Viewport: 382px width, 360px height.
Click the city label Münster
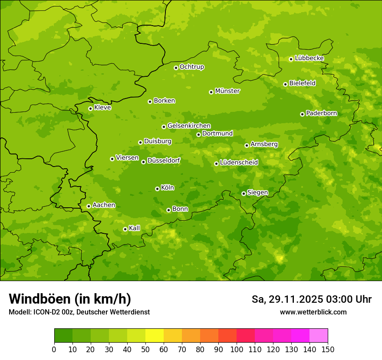point(227,91)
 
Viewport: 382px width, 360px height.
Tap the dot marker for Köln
point(157,189)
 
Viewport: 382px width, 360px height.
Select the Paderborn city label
point(322,113)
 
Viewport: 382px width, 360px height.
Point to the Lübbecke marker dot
point(291,59)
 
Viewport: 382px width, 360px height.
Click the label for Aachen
point(104,205)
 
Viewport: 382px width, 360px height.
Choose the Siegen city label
point(257,193)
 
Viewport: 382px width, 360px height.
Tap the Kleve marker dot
point(90,108)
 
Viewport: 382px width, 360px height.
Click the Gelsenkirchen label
point(189,126)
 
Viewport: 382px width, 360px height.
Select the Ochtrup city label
point(192,67)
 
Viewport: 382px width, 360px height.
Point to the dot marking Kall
point(125,229)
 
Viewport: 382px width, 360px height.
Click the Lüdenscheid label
point(239,163)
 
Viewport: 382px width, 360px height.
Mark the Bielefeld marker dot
point(285,84)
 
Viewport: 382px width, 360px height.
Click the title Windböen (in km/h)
point(70,299)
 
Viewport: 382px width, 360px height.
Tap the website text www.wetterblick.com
point(313,312)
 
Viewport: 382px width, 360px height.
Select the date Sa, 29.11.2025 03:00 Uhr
point(311,299)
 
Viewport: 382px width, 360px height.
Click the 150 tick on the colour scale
point(328,349)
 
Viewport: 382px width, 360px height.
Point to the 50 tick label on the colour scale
point(145,349)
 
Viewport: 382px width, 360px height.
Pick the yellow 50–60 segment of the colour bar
point(155,336)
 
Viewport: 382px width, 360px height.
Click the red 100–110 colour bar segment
point(246,336)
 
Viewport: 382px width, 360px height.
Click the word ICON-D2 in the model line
point(45,312)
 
